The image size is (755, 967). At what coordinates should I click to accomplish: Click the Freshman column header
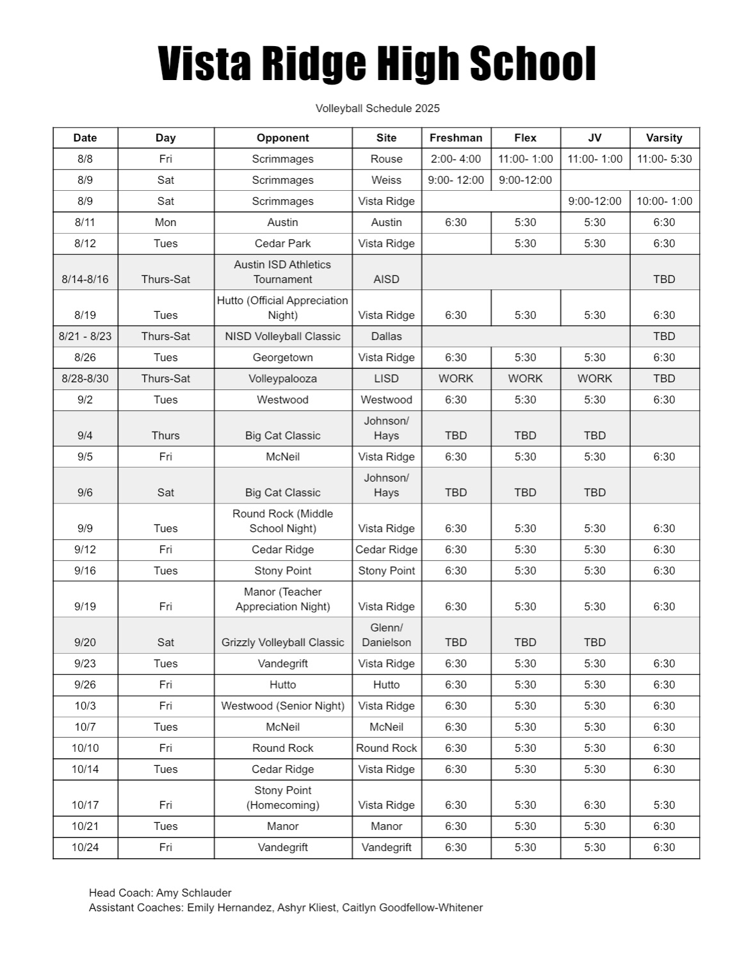(x=455, y=138)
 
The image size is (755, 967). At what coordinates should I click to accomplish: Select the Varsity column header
(x=664, y=138)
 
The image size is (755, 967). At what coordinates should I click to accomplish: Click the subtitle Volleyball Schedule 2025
(x=377, y=108)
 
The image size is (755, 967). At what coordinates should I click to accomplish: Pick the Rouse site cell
(x=386, y=159)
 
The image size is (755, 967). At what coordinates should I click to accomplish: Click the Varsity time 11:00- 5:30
(x=664, y=159)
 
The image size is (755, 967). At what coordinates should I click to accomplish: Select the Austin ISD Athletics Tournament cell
(x=282, y=272)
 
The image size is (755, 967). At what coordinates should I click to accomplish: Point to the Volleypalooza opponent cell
(x=282, y=378)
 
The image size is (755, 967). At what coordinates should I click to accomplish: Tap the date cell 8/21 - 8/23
(x=85, y=336)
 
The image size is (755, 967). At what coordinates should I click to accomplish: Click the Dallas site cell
(x=386, y=336)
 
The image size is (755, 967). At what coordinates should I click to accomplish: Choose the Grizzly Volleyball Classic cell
(x=282, y=642)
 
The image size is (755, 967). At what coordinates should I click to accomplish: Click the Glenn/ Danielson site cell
(x=386, y=635)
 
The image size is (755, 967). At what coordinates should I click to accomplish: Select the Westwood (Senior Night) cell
(x=282, y=706)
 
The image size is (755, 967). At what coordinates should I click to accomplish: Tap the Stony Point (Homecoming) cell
(x=282, y=797)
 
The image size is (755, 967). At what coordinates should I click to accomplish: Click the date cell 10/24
(x=85, y=847)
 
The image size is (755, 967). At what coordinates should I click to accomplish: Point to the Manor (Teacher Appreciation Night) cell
(x=282, y=599)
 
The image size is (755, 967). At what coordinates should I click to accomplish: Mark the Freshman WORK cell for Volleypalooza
(x=455, y=378)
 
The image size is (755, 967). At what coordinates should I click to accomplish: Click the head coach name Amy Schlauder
(x=193, y=893)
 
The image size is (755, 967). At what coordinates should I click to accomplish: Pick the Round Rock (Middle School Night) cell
(x=282, y=521)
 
